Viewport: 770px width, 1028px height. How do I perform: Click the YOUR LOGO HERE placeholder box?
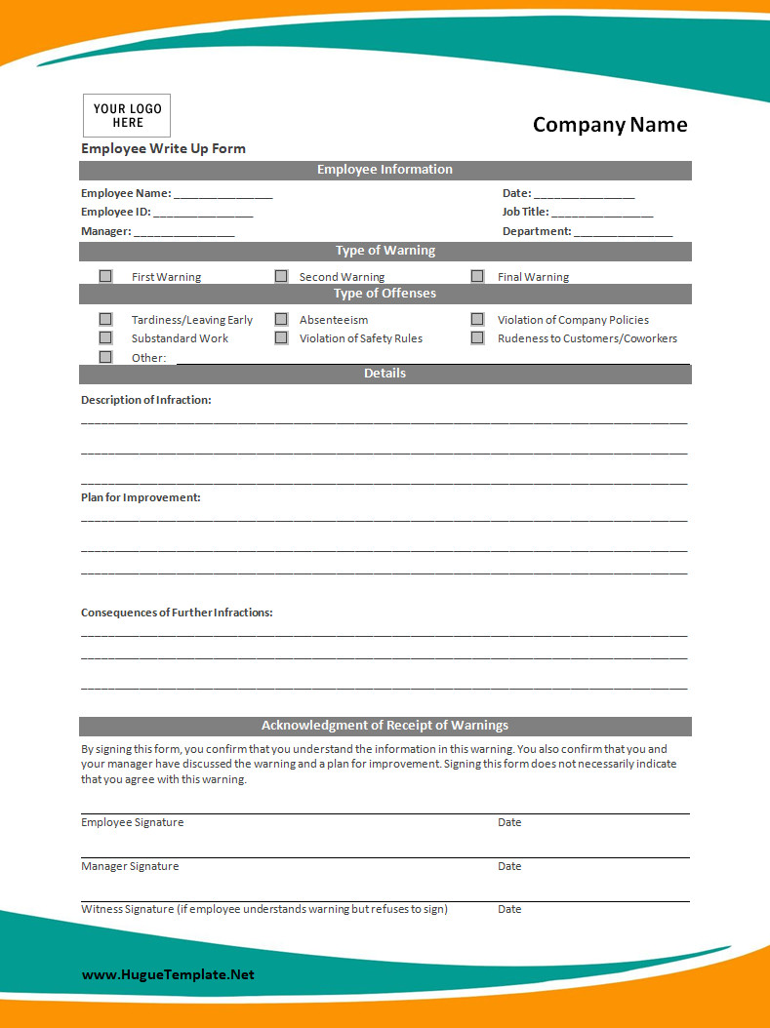click(127, 116)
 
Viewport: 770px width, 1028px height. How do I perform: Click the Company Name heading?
click(610, 125)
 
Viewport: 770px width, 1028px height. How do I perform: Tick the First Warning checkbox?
click(105, 276)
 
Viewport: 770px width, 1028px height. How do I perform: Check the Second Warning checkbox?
click(281, 276)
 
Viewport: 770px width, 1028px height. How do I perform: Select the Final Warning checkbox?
click(477, 276)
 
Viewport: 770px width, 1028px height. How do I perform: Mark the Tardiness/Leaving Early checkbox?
click(105, 319)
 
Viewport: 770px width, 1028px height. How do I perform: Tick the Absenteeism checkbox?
click(281, 319)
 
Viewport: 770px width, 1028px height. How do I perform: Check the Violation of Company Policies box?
click(477, 319)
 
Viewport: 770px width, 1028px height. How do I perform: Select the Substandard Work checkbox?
click(105, 337)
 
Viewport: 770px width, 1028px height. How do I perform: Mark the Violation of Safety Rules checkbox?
click(281, 337)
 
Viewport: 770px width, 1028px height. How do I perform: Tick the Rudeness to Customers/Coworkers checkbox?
click(477, 337)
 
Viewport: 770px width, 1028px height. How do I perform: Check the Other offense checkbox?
click(105, 357)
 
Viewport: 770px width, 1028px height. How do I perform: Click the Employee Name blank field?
click(223, 194)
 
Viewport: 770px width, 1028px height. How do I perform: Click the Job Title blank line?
click(602, 213)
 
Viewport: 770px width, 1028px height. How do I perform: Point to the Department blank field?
click(624, 232)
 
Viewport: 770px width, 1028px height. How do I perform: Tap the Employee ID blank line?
click(203, 213)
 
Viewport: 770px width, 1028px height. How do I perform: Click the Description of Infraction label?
click(146, 400)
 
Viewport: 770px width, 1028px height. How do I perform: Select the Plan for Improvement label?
click(141, 497)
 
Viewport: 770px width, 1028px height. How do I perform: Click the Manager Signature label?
click(130, 866)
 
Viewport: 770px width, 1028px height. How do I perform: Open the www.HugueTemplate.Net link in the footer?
click(168, 974)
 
